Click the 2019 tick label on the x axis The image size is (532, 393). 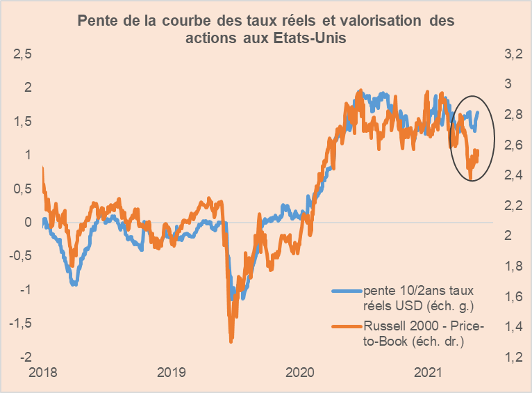pos(171,373)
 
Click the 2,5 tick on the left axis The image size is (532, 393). pos(24,54)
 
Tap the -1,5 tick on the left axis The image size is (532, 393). pos(22,323)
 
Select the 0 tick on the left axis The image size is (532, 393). pos(28,223)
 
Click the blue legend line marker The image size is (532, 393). pos(347,289)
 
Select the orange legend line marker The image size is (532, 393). pos(347,326)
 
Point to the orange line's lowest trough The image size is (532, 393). pos(231,340)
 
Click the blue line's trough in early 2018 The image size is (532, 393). pos(74,284)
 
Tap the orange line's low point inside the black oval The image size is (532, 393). pos(471,179)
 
